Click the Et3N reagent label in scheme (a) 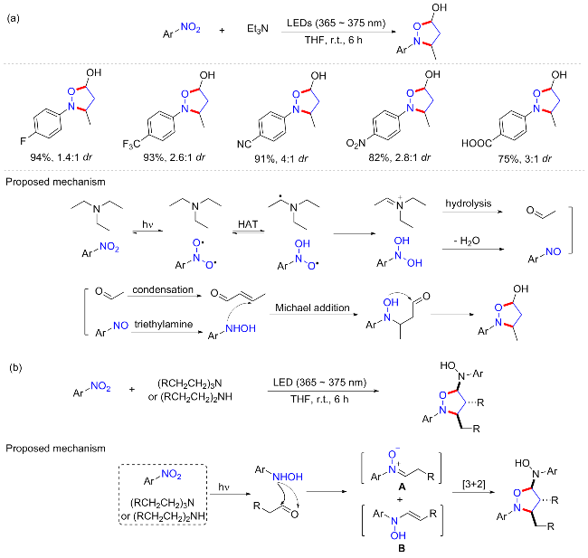[x=258, y=29]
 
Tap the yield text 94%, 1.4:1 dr [x=62, y=157]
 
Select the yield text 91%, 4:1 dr [x=280, y=159]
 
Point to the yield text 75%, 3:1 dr [x=525, y=159]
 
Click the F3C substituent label [x=131, y=144]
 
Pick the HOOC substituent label [x=476, y=143]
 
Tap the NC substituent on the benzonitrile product [x=243, y=144]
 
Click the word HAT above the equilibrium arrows [x=248, y=224]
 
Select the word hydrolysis [x=468, y=203]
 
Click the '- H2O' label [x=467, y=241]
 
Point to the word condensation [x=163, y=289]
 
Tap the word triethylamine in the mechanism [x=164, y=324]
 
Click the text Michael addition [x=312, y=307]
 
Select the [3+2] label [x=474, y=484]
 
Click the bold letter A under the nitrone [x=402, y=487]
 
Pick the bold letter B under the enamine [x=402, y=548]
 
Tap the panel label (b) [x=15, y=367]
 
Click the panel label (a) [x=14, y=18]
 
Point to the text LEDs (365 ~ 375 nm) [x=336, y=24]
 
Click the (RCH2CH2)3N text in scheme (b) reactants [x=190, y=383]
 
